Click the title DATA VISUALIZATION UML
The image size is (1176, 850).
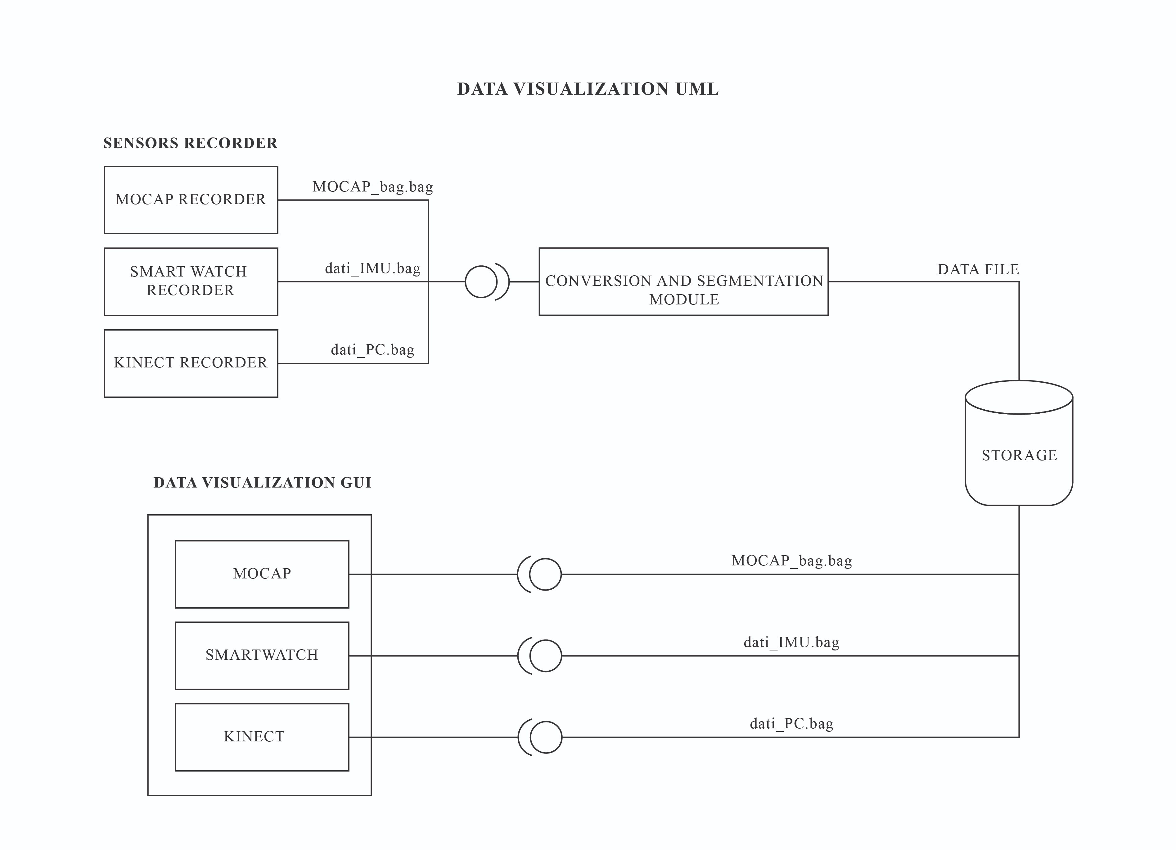[x=588, y=89]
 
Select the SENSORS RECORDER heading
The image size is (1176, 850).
[x=190, y=143]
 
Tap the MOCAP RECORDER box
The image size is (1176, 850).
[x=191, y=200]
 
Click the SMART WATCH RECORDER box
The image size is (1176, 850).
[x=191, y=281]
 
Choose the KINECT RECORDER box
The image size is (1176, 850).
[x=191, y=363]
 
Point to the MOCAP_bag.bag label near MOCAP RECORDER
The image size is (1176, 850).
[x=372, y=187]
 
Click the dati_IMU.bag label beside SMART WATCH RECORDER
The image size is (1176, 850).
[x=372, y=269]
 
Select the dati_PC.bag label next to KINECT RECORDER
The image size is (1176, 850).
[x=372, y=350]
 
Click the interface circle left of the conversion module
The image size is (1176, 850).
[x=481, y=281]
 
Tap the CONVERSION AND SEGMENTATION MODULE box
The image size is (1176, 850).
[x=683, y=281]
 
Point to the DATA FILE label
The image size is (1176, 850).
[x=978, y=270]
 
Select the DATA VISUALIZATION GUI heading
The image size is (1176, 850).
[x=262, y=483]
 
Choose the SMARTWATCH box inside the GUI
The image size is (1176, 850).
[x=262, y=655]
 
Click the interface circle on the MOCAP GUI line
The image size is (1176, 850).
[x=545, y=574]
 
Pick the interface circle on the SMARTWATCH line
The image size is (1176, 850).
[x=546, y=655]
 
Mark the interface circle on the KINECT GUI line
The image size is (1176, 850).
[x=546, y=737]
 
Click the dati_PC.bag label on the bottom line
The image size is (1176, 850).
[x=791, y=724]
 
